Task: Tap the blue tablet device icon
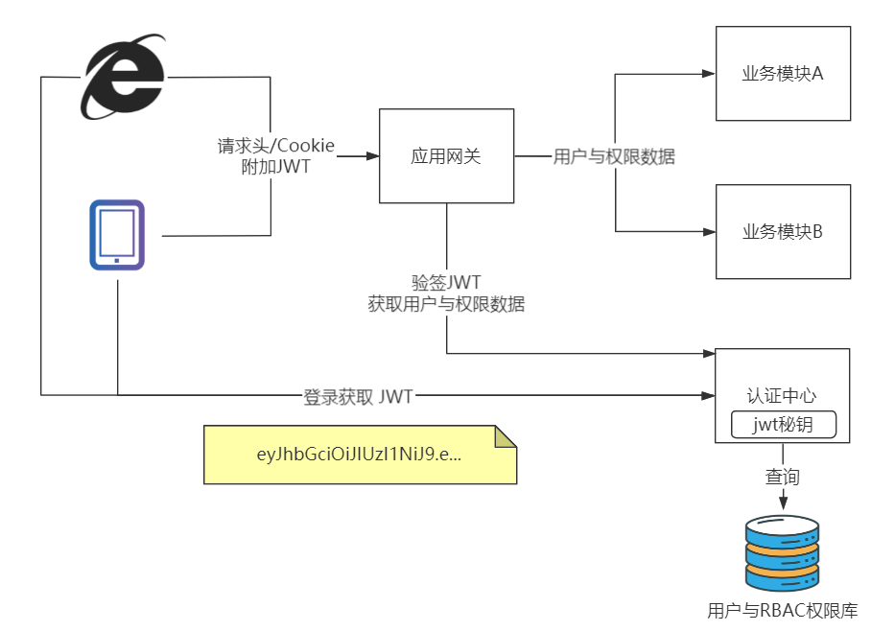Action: pyautogui.click(x=117, y=235)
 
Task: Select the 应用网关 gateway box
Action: pyautogui.click(x=446, y=156)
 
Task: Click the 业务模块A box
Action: pyautogui.click(x=783, y=74)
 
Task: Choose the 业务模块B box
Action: pyautogui.click(x=783, y=231)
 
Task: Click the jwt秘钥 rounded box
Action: pyautogui.click(x=783, y=424)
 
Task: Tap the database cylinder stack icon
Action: pyautogui.click(x=783, y=553)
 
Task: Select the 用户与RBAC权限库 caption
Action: pyautogui.click(x=782, y=611)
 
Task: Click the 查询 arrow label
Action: pyautogui.click(x=782, y=477)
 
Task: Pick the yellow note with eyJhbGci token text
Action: pyautogui.click(x=360, y=456)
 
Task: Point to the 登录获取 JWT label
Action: pyautogui.click(x=358, y=396)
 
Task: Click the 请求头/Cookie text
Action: pyautogui.click(x=276, y=147)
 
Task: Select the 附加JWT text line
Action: pyautogui.click(x=276, y=167)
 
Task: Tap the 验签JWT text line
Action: pyautogui.click(x=446, y=283)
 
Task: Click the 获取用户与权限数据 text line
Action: pyautogui.click(x=446, y=304)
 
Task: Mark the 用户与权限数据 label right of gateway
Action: pyautogui.click(x=614, y=156)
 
